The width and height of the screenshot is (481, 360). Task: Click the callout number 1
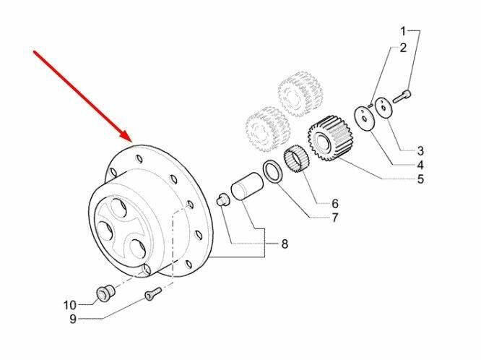404,31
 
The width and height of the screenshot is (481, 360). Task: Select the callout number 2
403,48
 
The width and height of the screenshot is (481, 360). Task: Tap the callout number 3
420,151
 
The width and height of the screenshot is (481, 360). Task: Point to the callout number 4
420,165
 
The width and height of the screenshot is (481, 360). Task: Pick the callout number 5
420,179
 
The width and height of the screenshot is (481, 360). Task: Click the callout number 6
334,203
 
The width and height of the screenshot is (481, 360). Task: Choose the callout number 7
334,218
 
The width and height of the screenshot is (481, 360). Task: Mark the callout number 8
285,244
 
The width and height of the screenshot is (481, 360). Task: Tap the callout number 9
73,319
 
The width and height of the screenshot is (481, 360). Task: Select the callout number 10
69,305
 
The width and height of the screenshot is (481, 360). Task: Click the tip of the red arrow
132,142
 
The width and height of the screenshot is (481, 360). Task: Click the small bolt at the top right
402,95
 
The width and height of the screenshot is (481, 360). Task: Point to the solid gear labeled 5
330,139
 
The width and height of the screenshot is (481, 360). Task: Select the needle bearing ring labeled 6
297,160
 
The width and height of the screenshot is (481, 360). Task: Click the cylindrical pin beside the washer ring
247,187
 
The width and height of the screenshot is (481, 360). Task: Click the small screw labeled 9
153,293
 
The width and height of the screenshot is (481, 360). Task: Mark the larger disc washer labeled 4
364,118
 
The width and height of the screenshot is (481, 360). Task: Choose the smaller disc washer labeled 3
383,107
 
